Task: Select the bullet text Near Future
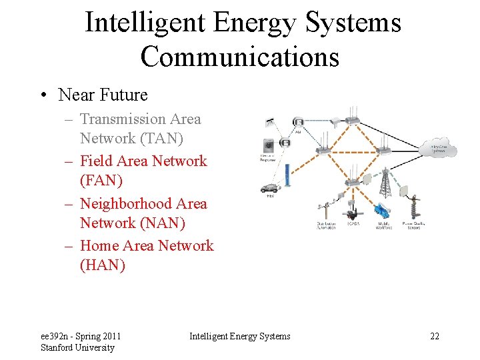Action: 103,95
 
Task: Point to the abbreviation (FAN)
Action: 102,180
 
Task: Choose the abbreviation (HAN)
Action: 103,265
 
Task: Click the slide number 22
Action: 434,336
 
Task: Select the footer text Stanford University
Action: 77,347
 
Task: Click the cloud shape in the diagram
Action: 439,149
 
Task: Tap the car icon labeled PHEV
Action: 269,188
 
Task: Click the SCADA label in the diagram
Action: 354,226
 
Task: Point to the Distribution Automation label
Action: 325,226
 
